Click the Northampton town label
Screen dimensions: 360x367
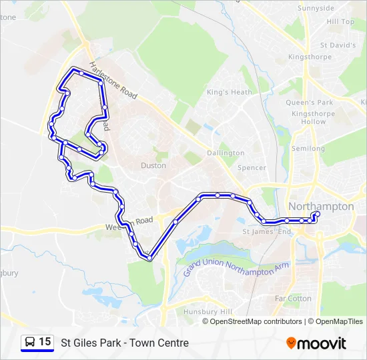(321, 207)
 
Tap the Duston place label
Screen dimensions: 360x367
(153, 165)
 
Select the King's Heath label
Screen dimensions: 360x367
(229, 92)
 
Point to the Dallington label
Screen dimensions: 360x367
(226, 153)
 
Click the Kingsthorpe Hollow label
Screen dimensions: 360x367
(309, 118)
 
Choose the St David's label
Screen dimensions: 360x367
(338, 45)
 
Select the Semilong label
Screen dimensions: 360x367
(308, 148)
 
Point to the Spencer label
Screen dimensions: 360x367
(252, 168)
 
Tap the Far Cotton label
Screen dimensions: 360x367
(293, 299)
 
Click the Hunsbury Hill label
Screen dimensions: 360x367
(208, 312)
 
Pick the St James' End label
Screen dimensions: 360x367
(267, 232)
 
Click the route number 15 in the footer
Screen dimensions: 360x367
(45, 342)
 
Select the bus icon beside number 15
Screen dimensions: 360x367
(30, 343)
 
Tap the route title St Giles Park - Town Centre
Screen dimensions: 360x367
(125, 343)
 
